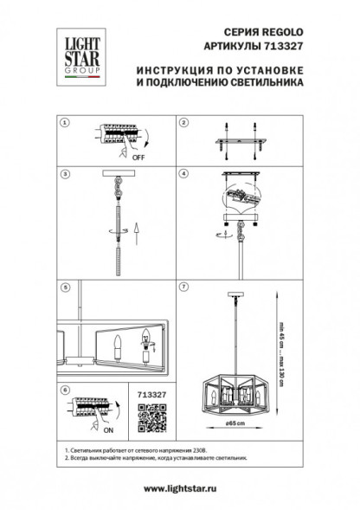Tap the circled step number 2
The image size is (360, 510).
(183, 124)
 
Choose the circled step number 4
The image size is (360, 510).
(183, 173)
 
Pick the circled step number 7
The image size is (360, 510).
(183, 285)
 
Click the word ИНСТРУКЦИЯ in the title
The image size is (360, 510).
(169, 73)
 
